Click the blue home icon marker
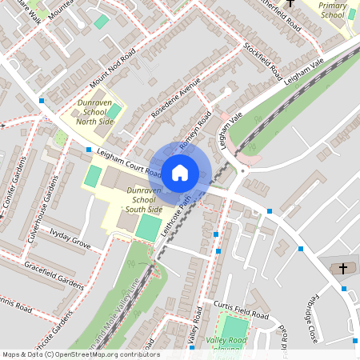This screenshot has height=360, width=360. pos(179,172)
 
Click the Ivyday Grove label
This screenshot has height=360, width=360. pos(70,238)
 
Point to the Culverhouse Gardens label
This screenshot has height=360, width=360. pos(45,213)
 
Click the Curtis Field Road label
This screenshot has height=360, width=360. pos(241,310)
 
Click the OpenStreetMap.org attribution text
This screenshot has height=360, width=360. pos(104,354)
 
